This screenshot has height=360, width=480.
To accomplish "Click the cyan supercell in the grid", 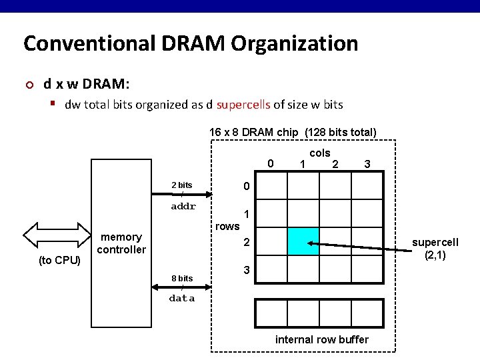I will click(303, 241).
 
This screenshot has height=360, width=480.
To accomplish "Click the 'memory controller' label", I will click(121, 243).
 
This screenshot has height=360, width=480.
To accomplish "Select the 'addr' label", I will click(183, 207).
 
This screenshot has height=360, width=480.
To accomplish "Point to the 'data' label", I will click(182, 299).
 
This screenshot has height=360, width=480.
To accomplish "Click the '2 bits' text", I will click(182, 185).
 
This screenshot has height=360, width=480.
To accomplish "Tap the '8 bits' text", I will click(182, 278).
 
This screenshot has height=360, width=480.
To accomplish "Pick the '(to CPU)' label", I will click(59, 260).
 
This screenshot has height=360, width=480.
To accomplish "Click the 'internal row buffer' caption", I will click(321, 340).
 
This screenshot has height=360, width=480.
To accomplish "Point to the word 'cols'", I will click(320, 153).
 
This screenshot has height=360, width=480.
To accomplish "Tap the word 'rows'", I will click(227, 226).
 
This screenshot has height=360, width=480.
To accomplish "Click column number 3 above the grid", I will click(367, 164).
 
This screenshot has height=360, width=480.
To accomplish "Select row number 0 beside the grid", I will click(246, 185).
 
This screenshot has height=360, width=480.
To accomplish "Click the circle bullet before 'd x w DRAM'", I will click(29, 85).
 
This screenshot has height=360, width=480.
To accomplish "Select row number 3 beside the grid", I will click(246, 271).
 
